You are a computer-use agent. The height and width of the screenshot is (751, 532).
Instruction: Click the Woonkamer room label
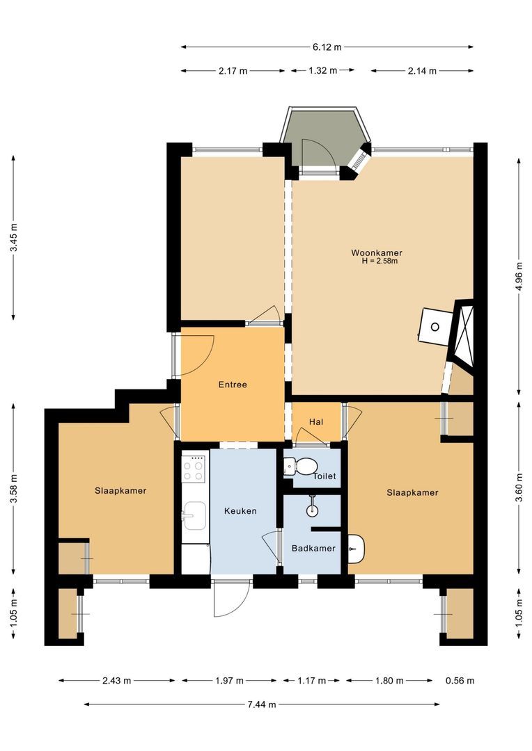click(x=377, y=253)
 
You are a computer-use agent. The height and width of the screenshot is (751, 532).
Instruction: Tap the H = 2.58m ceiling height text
click(x=380, y=261)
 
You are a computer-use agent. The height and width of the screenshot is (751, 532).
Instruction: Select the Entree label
click(x=233, y=385)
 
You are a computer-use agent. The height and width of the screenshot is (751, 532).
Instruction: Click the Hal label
click(x=316, y=422)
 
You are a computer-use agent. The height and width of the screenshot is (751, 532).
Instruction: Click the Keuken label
click(x=240, y=511)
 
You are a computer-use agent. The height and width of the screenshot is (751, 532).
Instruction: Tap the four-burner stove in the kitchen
click(x=194, y=469)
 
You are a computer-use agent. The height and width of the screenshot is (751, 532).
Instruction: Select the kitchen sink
click(x=194, y=516)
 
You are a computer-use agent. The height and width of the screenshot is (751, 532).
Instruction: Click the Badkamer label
click(x=313, y=549)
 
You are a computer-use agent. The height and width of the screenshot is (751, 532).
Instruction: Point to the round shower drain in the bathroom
click(x=312, y=510)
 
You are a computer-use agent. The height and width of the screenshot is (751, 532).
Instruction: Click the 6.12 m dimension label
click(x=327, y=47)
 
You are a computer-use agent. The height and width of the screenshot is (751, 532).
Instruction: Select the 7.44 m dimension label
click(x=261, y=704)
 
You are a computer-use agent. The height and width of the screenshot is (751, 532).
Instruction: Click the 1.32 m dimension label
click(x=323, y=70)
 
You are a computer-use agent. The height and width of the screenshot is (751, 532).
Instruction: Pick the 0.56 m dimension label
click(x=460, y=681)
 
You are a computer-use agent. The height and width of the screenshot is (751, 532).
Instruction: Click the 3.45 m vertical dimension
click(x=14, y=238)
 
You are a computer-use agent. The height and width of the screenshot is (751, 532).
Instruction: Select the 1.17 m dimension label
click(x=311, y=681)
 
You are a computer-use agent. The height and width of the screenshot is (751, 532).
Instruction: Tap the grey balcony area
click(x=326, y=138)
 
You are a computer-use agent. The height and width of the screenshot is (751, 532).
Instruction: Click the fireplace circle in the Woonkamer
click(x=435, y=327)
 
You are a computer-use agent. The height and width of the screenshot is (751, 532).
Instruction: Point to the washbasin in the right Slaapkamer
click(x=356, y=549)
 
